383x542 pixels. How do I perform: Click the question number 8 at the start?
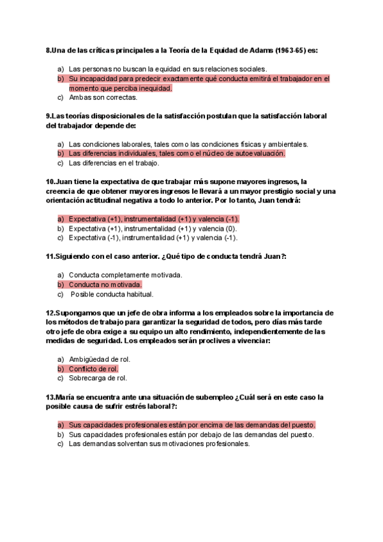pyautogui.click(x=49, y=50)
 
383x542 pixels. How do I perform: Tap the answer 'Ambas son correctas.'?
pyautogui.click(x=103, y=98)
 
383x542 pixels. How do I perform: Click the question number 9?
pyautogui.click(x=49, y=116)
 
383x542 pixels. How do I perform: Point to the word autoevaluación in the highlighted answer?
pyautogui.click(x=255, y=153)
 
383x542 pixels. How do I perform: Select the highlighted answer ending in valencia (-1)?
pyautogui.click(x=153, y=219)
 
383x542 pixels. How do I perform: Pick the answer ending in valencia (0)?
pyautogui.click(x=153, y=228)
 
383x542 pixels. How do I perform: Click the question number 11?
pyautogui.click(x=50, y=256)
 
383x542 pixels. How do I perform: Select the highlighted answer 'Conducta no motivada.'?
pyautogui.click(x=105, y=284)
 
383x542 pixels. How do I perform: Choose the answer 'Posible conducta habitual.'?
pyautogui.click(x=112, y=295)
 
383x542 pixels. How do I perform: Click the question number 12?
pyautogui.click(x=50, y=313)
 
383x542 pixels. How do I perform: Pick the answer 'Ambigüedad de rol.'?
pyautogui.click(x=99, y=359)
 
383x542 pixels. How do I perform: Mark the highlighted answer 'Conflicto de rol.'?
pyautogui.click(x=93, y=369)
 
